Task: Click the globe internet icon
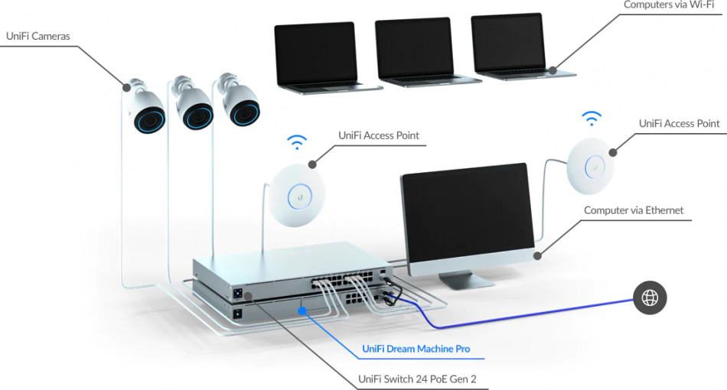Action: [650, 298]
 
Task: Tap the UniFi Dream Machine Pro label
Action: [416, 349]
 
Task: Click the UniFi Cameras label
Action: [37, 35]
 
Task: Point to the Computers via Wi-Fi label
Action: [670, 5]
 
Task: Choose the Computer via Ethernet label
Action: [634, 210]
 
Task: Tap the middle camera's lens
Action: [197, 117]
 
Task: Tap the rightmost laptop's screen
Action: [508, 43]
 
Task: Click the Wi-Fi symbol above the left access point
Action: [297, 142]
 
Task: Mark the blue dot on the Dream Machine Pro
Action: [302, 310]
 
